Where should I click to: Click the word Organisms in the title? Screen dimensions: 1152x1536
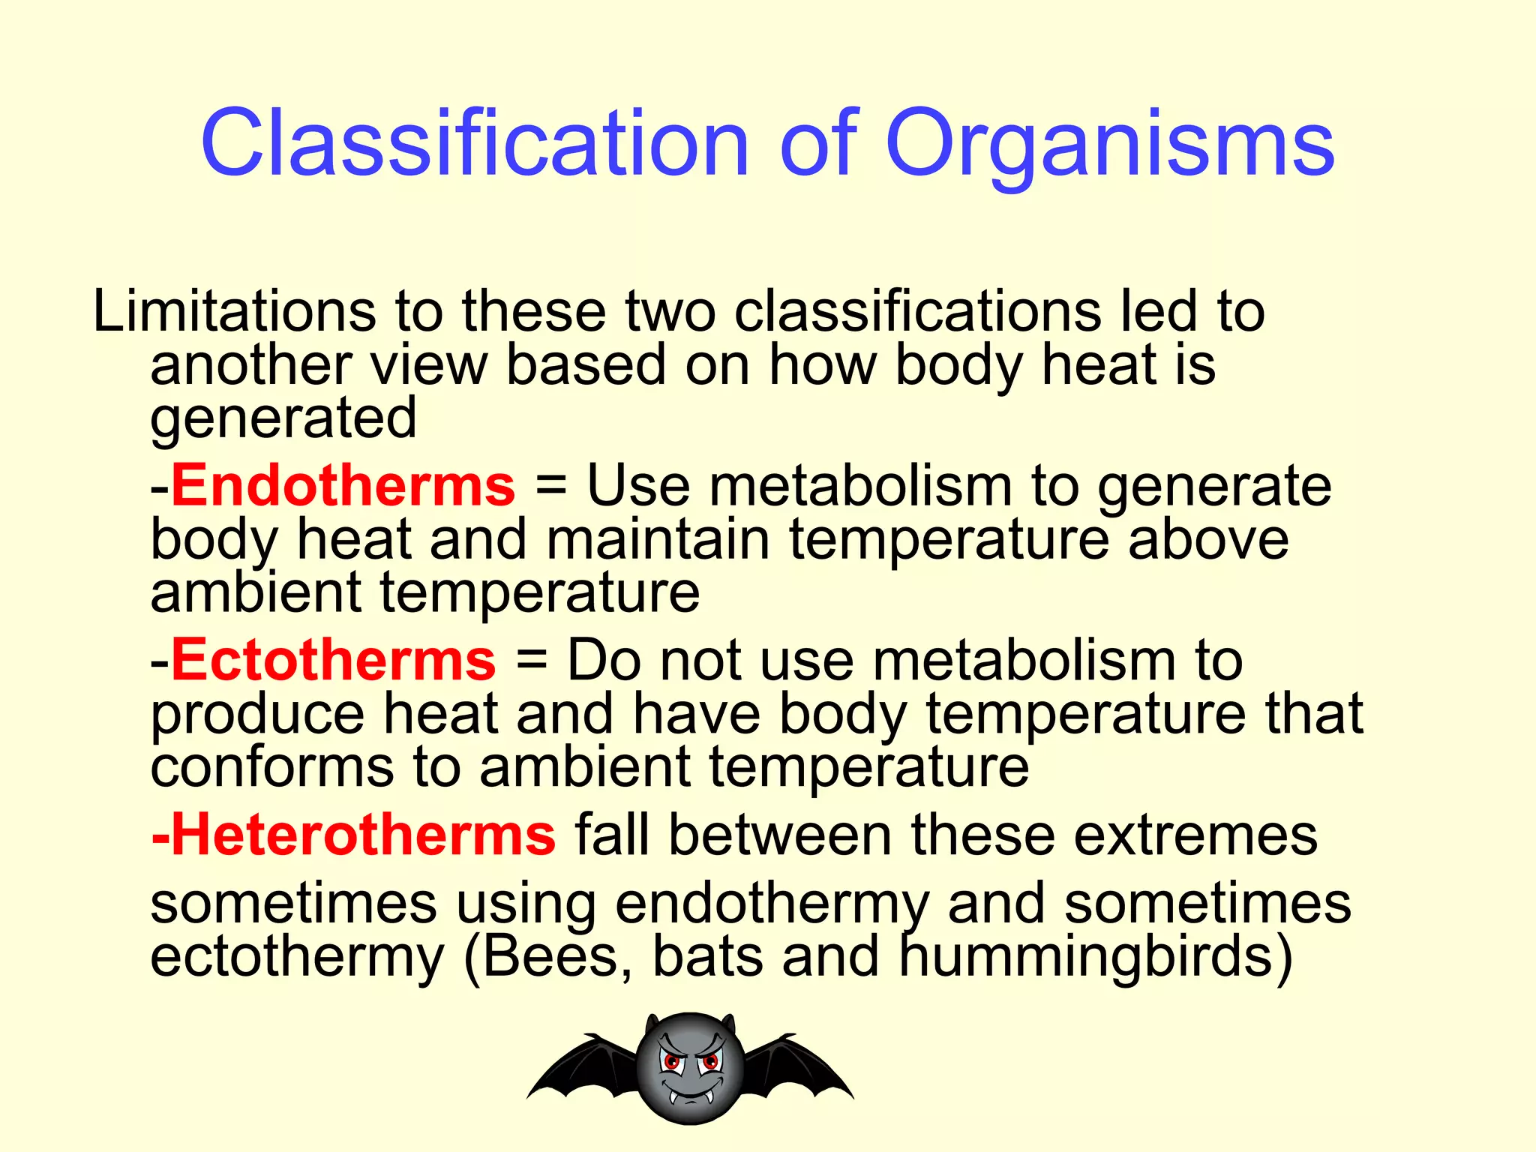click(x=1110, y=144)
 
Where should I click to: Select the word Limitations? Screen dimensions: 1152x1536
click(x=233, y=310)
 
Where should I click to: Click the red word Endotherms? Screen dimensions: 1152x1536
click(x=343, y=485)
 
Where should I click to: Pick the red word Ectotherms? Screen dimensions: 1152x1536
click(x=334, y=660)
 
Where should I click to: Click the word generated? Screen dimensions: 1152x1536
click(x=283, y=420)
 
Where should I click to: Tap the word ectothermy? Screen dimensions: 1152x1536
click(x=297, y=958)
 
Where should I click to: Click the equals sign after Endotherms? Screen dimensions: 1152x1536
click(x=551, y=485)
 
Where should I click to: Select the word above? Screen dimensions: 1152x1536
click(x=1208, y=539)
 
